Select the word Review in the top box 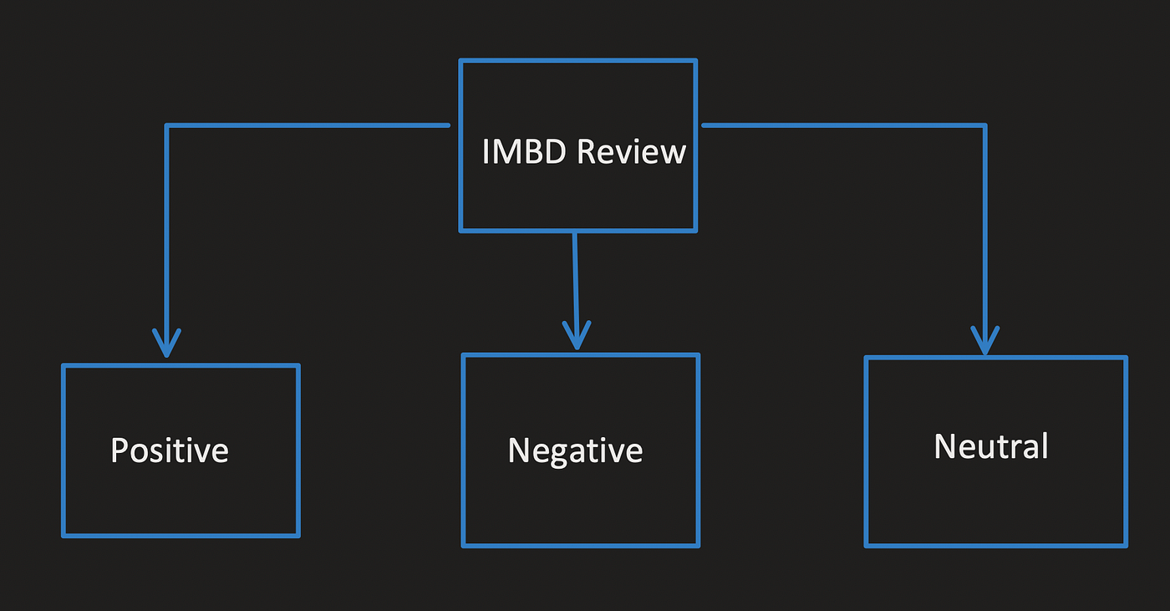point(631,151)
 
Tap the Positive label point(170,451)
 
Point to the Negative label point(575,451)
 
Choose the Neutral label point(991,446)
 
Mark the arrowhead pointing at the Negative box point(577,335)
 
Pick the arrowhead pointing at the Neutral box point(985,340)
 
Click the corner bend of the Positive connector point(166,125)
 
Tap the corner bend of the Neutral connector point(985,125)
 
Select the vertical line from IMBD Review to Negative point(576,290)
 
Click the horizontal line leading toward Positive point(308,125)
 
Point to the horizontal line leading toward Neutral point(844,125)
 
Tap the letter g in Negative point(563,456)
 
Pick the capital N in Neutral point(945,446)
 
